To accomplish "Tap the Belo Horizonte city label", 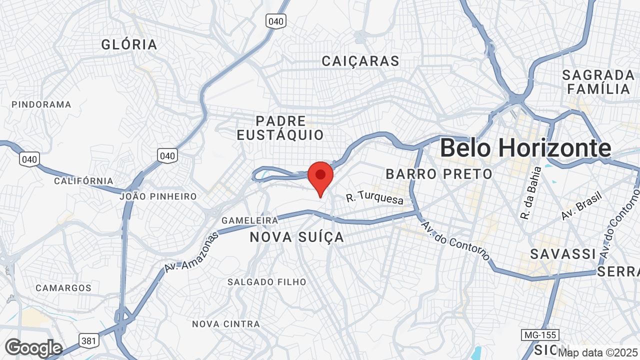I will [525, 148].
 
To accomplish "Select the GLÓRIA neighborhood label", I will [129, 44].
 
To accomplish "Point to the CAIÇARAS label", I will [360, 61].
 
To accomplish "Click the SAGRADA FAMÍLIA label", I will [598, 82].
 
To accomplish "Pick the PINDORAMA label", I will [41, 104].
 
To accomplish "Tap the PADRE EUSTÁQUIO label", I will [280, 128].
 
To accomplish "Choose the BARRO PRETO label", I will [439, 174].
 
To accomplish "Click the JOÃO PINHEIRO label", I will [158, 196].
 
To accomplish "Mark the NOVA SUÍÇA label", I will [297, 237].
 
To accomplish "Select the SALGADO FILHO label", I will [266, 282].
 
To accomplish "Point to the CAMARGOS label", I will [63, 288].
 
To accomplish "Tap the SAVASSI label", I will [563, 254].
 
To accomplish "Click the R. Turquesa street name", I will [374, 199].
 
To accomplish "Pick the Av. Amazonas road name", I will [191, 252].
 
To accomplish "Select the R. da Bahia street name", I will [531, 193].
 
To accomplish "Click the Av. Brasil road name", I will [580, 204].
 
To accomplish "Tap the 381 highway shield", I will [88, 341].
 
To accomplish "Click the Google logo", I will [33, 348].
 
